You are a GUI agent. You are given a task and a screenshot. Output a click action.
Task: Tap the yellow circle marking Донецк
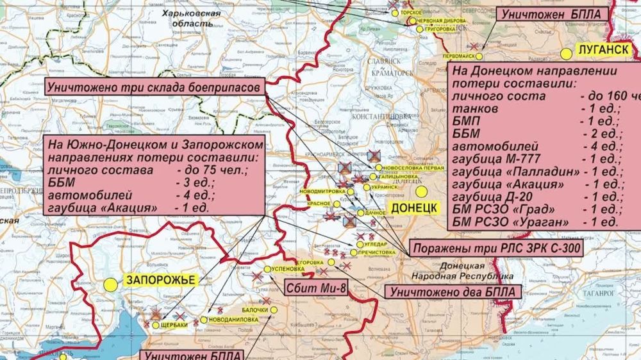pos(421,191)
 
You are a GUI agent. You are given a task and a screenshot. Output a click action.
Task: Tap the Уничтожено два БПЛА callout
pos(453,292)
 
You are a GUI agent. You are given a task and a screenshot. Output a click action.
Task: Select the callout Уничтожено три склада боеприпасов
pos(154,87)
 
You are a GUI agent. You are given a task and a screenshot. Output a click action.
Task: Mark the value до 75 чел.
pos(204,171)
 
